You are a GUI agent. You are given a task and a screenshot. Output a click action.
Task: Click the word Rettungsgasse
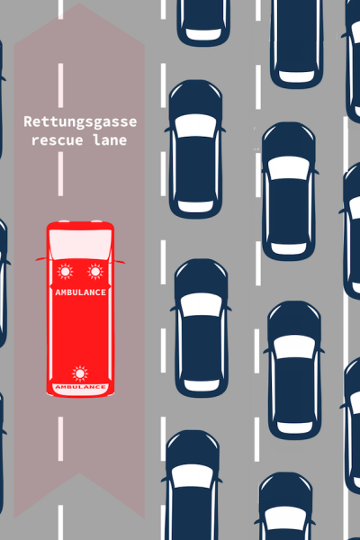80,121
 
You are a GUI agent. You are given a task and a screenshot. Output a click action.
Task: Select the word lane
110,139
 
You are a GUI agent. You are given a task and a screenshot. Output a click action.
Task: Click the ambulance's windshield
80,244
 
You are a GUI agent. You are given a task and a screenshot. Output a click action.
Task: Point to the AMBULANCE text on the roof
81,292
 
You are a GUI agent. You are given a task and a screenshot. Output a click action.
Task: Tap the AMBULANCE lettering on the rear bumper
81,387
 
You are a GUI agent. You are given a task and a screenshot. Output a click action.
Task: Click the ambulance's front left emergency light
65,272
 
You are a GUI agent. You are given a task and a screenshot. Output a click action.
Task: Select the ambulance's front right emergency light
95,272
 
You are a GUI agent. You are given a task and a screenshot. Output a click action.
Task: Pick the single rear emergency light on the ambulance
80,373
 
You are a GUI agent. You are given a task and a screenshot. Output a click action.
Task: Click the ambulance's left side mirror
41,259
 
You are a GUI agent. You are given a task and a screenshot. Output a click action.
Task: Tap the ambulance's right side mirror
120,262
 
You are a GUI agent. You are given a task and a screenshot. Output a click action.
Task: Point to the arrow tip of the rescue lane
79,4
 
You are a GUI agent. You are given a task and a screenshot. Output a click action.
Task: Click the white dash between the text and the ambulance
61,174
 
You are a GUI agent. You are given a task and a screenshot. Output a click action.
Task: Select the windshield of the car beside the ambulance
202,305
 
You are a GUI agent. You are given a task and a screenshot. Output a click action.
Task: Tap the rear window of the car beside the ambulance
202,384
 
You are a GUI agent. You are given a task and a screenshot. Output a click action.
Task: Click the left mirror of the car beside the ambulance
174,309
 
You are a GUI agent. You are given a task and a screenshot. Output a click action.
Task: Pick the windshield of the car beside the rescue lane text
196,126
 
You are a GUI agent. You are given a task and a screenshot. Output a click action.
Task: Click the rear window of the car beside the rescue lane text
195,206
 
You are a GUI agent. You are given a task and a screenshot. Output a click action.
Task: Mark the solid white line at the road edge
346,328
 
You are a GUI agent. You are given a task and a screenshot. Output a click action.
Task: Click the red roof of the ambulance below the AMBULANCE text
80,330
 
